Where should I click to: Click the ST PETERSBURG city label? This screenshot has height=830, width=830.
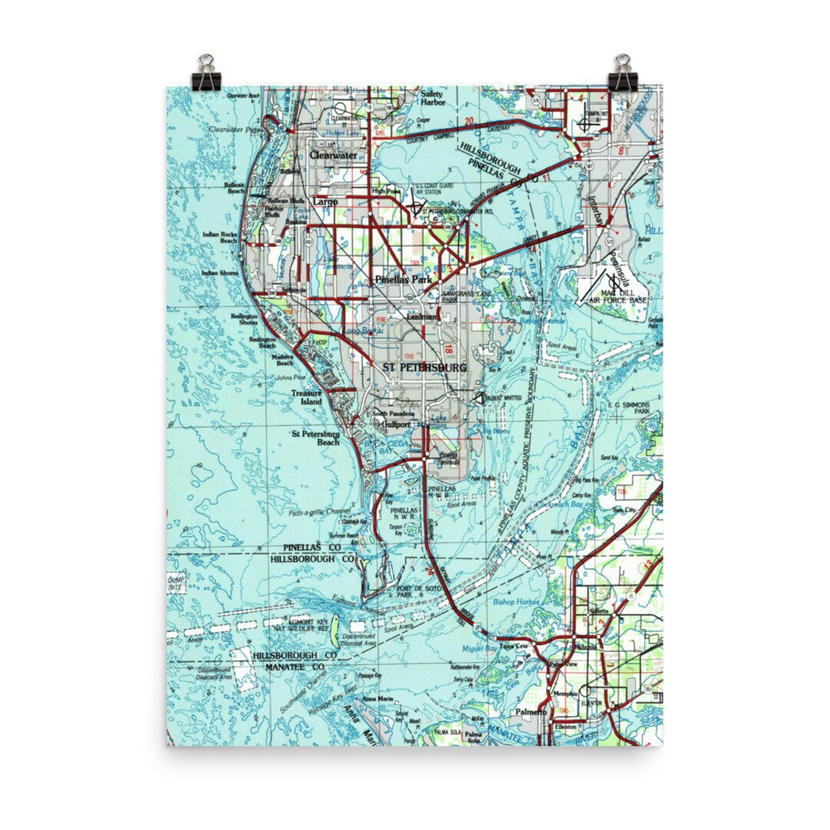(424, 368)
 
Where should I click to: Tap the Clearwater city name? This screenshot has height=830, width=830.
(334, 154)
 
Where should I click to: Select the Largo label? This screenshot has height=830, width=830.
(325, 201)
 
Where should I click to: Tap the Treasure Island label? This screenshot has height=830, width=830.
(305, 397)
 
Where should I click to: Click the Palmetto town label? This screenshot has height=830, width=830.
(531, 712)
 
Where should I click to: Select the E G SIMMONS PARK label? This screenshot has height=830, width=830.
(629, 407)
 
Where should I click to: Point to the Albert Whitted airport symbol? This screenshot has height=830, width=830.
(479, 398)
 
